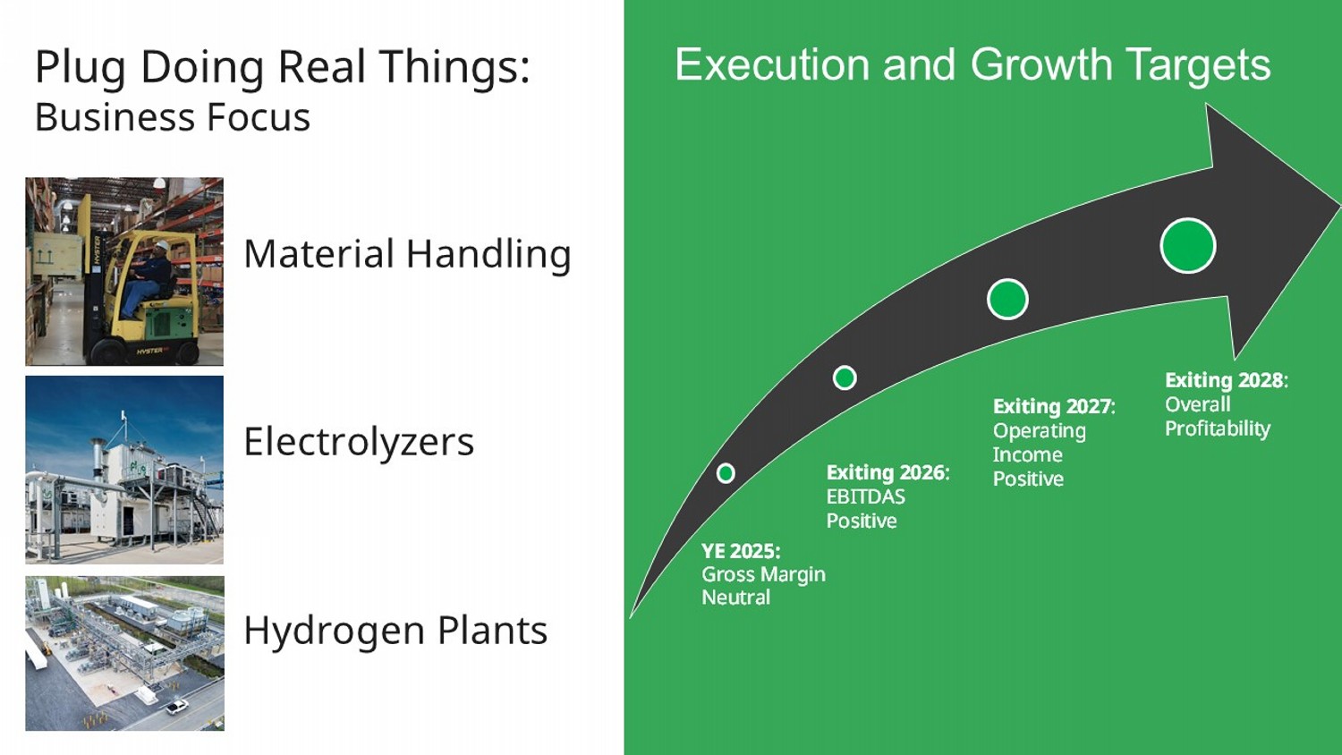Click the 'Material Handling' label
(407, 254)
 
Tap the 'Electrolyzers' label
(359, 442)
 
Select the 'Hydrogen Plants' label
(395, 631)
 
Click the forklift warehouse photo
(124, 271)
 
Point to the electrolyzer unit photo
(124, 470)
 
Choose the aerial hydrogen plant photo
(124, 654)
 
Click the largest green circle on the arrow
(1187, 246)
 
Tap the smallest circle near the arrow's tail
(726, 473)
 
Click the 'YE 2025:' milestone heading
(741, 551)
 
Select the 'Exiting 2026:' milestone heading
(888, 472)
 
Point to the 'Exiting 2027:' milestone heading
(1054, 406)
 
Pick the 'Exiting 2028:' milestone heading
(1226, 380)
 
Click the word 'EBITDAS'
(865, 496)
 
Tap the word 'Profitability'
(1217, 428)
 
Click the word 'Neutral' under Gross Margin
(735, 598)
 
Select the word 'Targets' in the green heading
(1197, 64)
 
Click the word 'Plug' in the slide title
(81, 68)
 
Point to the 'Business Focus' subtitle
(173, 117)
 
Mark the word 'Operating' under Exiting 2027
(1039, 430)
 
